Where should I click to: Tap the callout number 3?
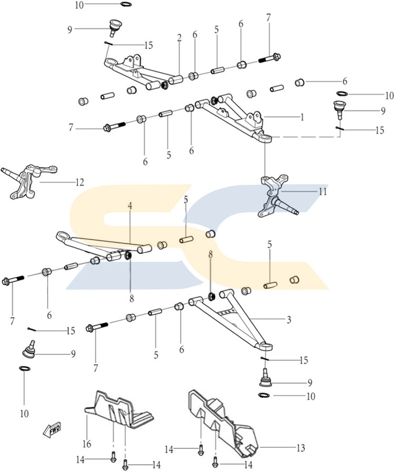click(289, 320)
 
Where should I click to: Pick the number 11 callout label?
click(322, 192)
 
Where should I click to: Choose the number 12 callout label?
click(80, 183)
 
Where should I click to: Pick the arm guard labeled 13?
click(221, 421)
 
